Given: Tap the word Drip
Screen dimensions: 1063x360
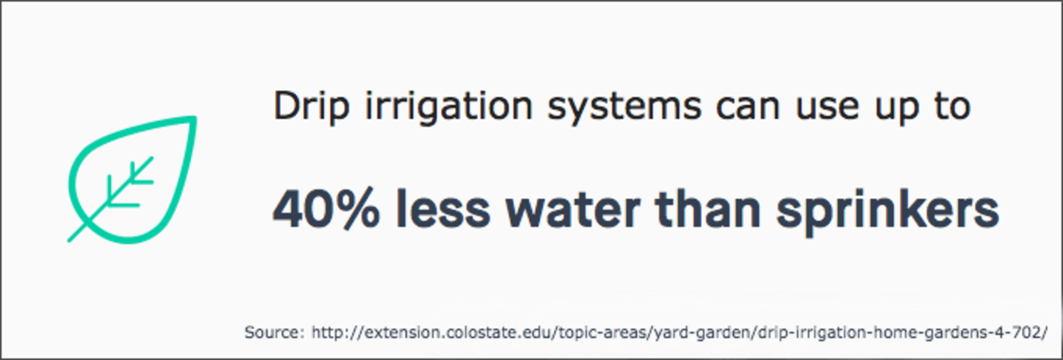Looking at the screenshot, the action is pos(312,105).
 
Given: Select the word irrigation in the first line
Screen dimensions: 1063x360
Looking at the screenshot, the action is pos(449,105).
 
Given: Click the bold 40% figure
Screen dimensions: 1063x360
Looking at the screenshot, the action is pos(326,209).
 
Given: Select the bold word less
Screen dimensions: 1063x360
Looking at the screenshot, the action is pos(443,209).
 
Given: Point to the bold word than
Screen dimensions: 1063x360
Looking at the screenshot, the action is pos(708,209).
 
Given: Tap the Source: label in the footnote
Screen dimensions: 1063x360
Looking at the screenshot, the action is pos(275,332).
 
